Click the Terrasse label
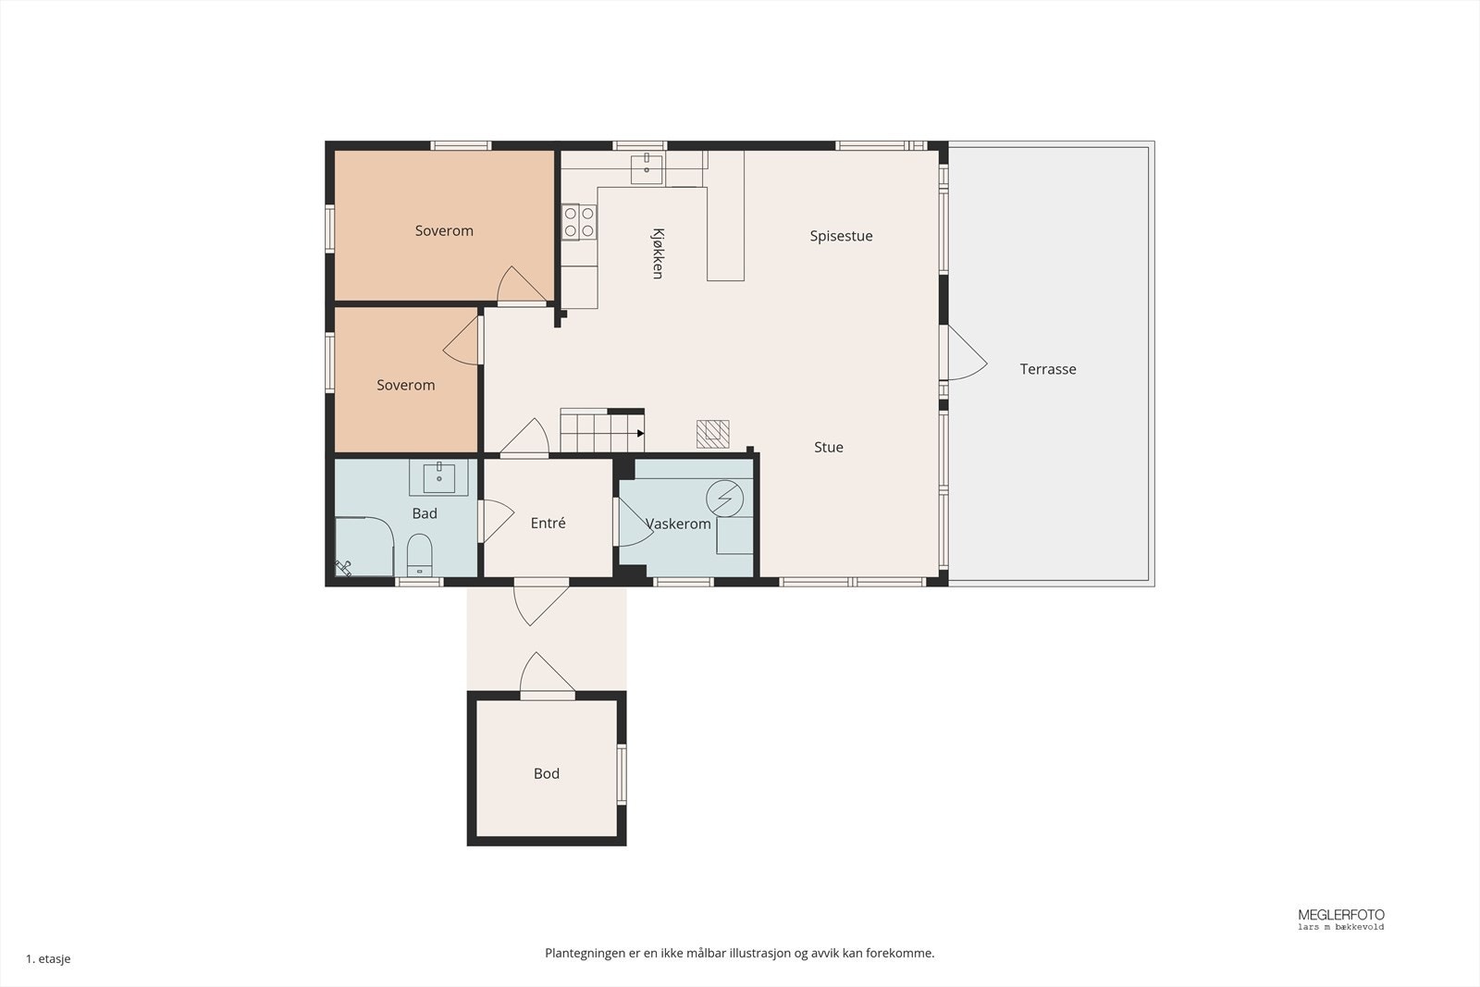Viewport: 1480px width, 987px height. [x=1047, y=369]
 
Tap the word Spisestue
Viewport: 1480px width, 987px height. [x=841, y=236]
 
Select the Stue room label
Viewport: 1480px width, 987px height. [x=829, y=448]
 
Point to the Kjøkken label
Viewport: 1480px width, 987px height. [x=658, y=253]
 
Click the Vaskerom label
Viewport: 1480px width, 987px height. [x=678, y=524]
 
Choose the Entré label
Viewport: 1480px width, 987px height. [x=548, y=524]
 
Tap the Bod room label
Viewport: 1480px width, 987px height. [x=547, y=773]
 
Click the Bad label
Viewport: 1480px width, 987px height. [x=425, y=513]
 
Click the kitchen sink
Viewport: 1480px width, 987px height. [x=647, y=169]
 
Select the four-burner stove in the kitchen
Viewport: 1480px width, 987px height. [x=579, y=222]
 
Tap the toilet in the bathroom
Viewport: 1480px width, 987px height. [x=419, y=555]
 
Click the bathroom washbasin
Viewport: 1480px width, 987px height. [x=438, y=477]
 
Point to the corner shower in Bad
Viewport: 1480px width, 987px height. [x=364, y=547]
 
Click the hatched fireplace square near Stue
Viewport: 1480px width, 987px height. [x=713, y=434]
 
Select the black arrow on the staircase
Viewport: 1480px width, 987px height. [x=640, y=434]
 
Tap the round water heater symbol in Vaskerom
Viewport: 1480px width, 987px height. [x=725, y=499]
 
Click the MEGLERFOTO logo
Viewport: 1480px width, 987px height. [x=1340, y=919]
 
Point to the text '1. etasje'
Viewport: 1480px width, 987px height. [x=48, y=958]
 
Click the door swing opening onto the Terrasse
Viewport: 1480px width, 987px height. [x=968, y=353]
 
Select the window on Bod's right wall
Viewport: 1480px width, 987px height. [x=622, y=773]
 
